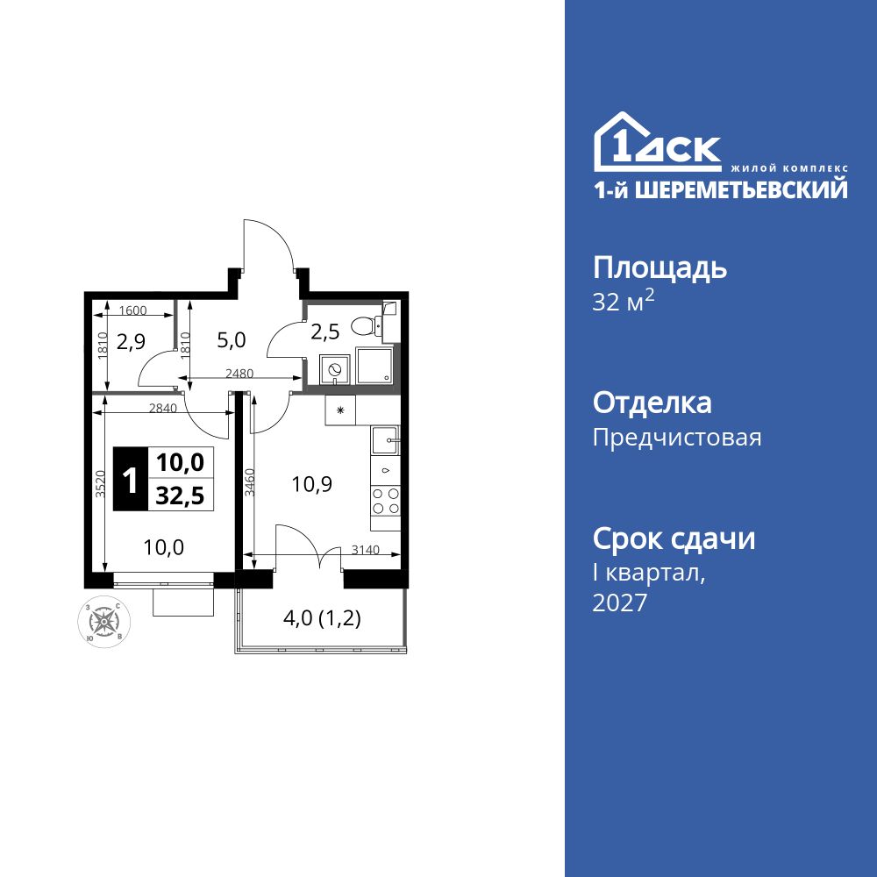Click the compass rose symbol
click(105, 621)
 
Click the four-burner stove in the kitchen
click(386, 500)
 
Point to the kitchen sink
click(386, 438)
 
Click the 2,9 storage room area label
click(131, 342)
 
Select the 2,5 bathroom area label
click(325, 332)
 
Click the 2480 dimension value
click(239, 373)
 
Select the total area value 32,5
click(180, 496)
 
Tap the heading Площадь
click(660, 267)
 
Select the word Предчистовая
click(677, 438)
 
